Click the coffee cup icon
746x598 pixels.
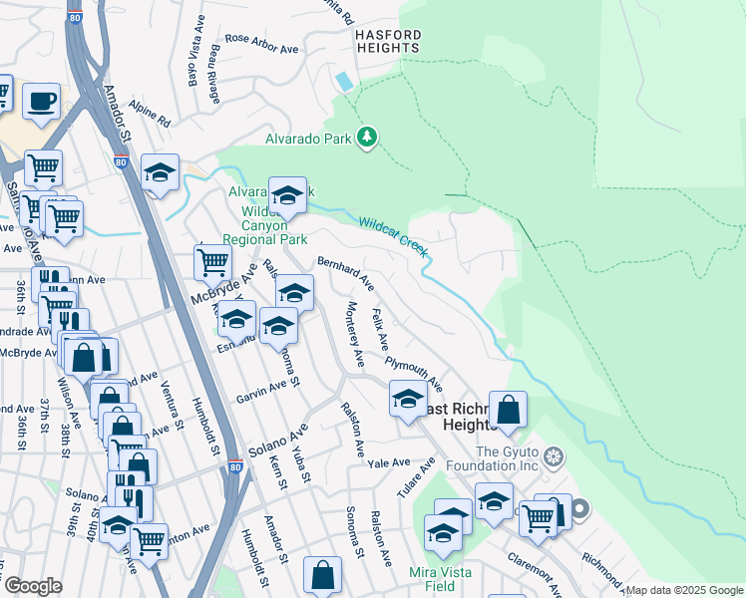[x=41, y=101]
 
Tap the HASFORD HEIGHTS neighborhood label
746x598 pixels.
[x=389, y=42]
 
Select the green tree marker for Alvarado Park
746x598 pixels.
[x=367, y=139]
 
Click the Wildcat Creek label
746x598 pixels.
[x=393, y=238]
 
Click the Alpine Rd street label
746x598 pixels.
[x=151, y=117]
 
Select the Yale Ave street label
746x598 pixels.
[x=389, y=463]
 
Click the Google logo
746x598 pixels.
[x=33, y=586]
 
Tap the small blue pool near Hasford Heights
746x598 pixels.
[x=345, y=80]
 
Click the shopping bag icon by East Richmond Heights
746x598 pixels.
[x=508, y=409]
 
